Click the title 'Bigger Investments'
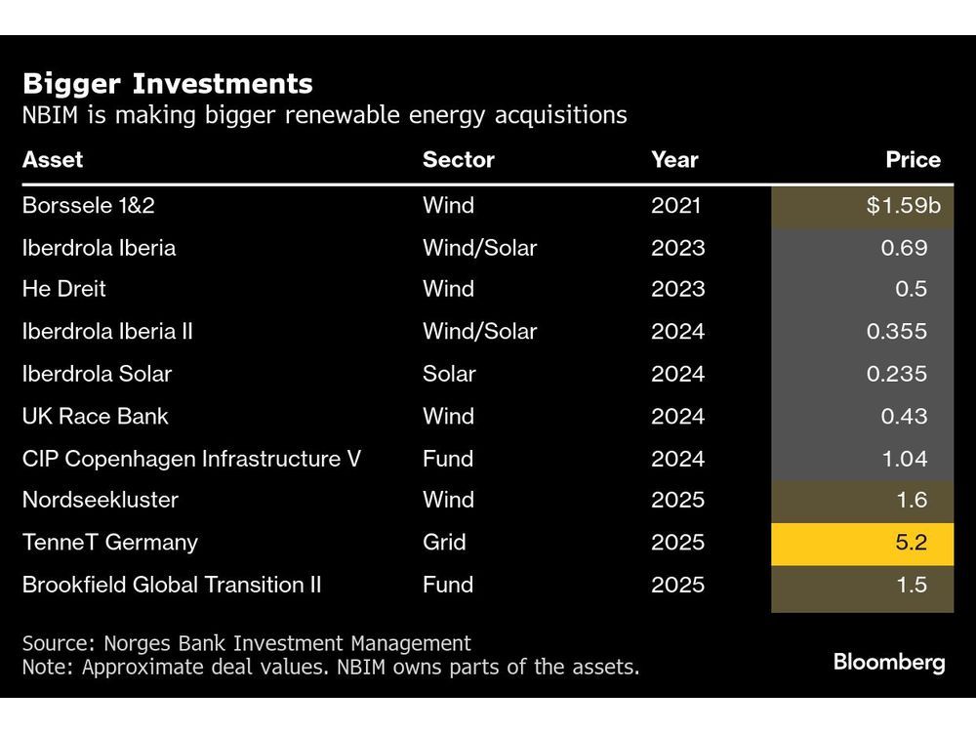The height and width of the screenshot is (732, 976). (167, 83)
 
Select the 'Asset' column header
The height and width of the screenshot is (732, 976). (53, 159)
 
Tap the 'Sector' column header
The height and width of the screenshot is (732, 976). (458, 159)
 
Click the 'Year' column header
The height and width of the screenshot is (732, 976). (674, 159)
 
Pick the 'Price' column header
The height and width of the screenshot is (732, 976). (913, 159)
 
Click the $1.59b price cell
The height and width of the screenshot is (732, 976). (863, 206)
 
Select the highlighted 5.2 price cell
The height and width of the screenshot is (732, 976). (863, 543)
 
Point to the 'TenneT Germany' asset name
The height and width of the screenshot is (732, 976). (109, 543)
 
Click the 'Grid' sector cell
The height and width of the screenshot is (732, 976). (444, 543)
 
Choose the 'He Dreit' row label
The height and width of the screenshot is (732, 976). (64, 290)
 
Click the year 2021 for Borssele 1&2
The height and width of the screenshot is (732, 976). (675, 206)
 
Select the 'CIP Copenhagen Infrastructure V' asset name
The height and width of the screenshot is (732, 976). (191, 459)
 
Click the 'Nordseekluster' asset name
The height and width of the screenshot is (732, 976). (101, 501)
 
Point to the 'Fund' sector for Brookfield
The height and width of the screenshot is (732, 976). (447, 585)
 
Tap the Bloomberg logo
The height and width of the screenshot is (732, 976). (888, 663)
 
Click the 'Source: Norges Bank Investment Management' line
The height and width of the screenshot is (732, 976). (246, 643)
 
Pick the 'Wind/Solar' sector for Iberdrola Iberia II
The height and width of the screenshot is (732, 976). (479, 332)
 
